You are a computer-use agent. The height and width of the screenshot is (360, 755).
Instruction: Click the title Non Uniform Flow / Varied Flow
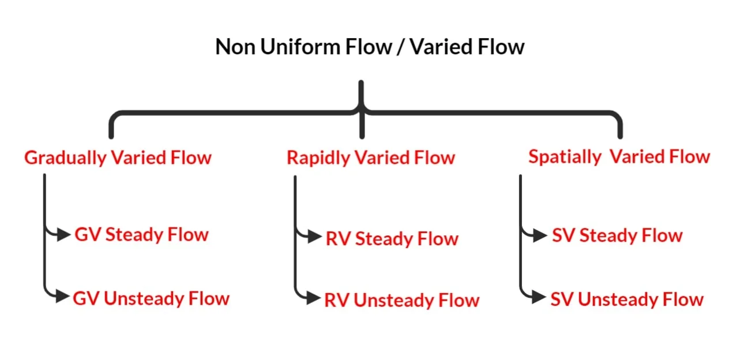(x=370, y=47)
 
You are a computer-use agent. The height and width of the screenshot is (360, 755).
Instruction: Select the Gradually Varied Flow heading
(x=118, y=157)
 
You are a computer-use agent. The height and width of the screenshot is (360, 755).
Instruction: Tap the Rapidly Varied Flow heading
(x=371, y=157)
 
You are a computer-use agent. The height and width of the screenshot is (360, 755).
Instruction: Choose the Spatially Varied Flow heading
(x=619, y=156)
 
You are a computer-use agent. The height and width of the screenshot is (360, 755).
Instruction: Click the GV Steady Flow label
(x=141, y=235)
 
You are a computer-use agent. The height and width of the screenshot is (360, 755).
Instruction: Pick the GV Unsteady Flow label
(x=151, y=298)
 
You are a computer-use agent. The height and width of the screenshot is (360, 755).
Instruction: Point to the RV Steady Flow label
(x=392, y=239)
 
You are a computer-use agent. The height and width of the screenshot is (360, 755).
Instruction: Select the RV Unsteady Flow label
(x=401, y=300)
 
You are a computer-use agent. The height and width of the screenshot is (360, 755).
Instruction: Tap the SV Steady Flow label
(x=617, y=235)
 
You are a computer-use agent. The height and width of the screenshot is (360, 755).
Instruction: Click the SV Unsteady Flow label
(x=627, y=299)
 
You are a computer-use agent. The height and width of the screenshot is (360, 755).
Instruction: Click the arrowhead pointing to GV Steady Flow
(x=64, y=235)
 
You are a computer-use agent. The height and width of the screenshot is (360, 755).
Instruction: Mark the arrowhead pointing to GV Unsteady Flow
(x=63, y=298)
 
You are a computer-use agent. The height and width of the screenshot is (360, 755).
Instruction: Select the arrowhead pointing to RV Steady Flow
(x=315, y=237)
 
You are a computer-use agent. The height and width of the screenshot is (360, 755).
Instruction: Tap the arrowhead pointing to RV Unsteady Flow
(x=314, y=299)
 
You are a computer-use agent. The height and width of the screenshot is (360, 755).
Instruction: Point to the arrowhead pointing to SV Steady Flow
(x=540, y=235)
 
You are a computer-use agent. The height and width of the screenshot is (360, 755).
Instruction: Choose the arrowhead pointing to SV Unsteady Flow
(x=539, y=298)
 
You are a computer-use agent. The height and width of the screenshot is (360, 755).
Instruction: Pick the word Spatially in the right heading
(x=564, y=157)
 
